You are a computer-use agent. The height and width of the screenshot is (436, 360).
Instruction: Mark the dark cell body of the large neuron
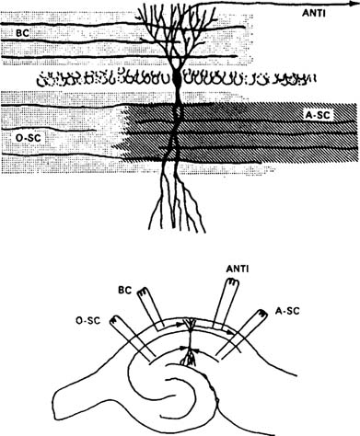(x=178, y=85)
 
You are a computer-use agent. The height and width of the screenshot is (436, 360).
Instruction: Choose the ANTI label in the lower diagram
(x=237, y=269)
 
